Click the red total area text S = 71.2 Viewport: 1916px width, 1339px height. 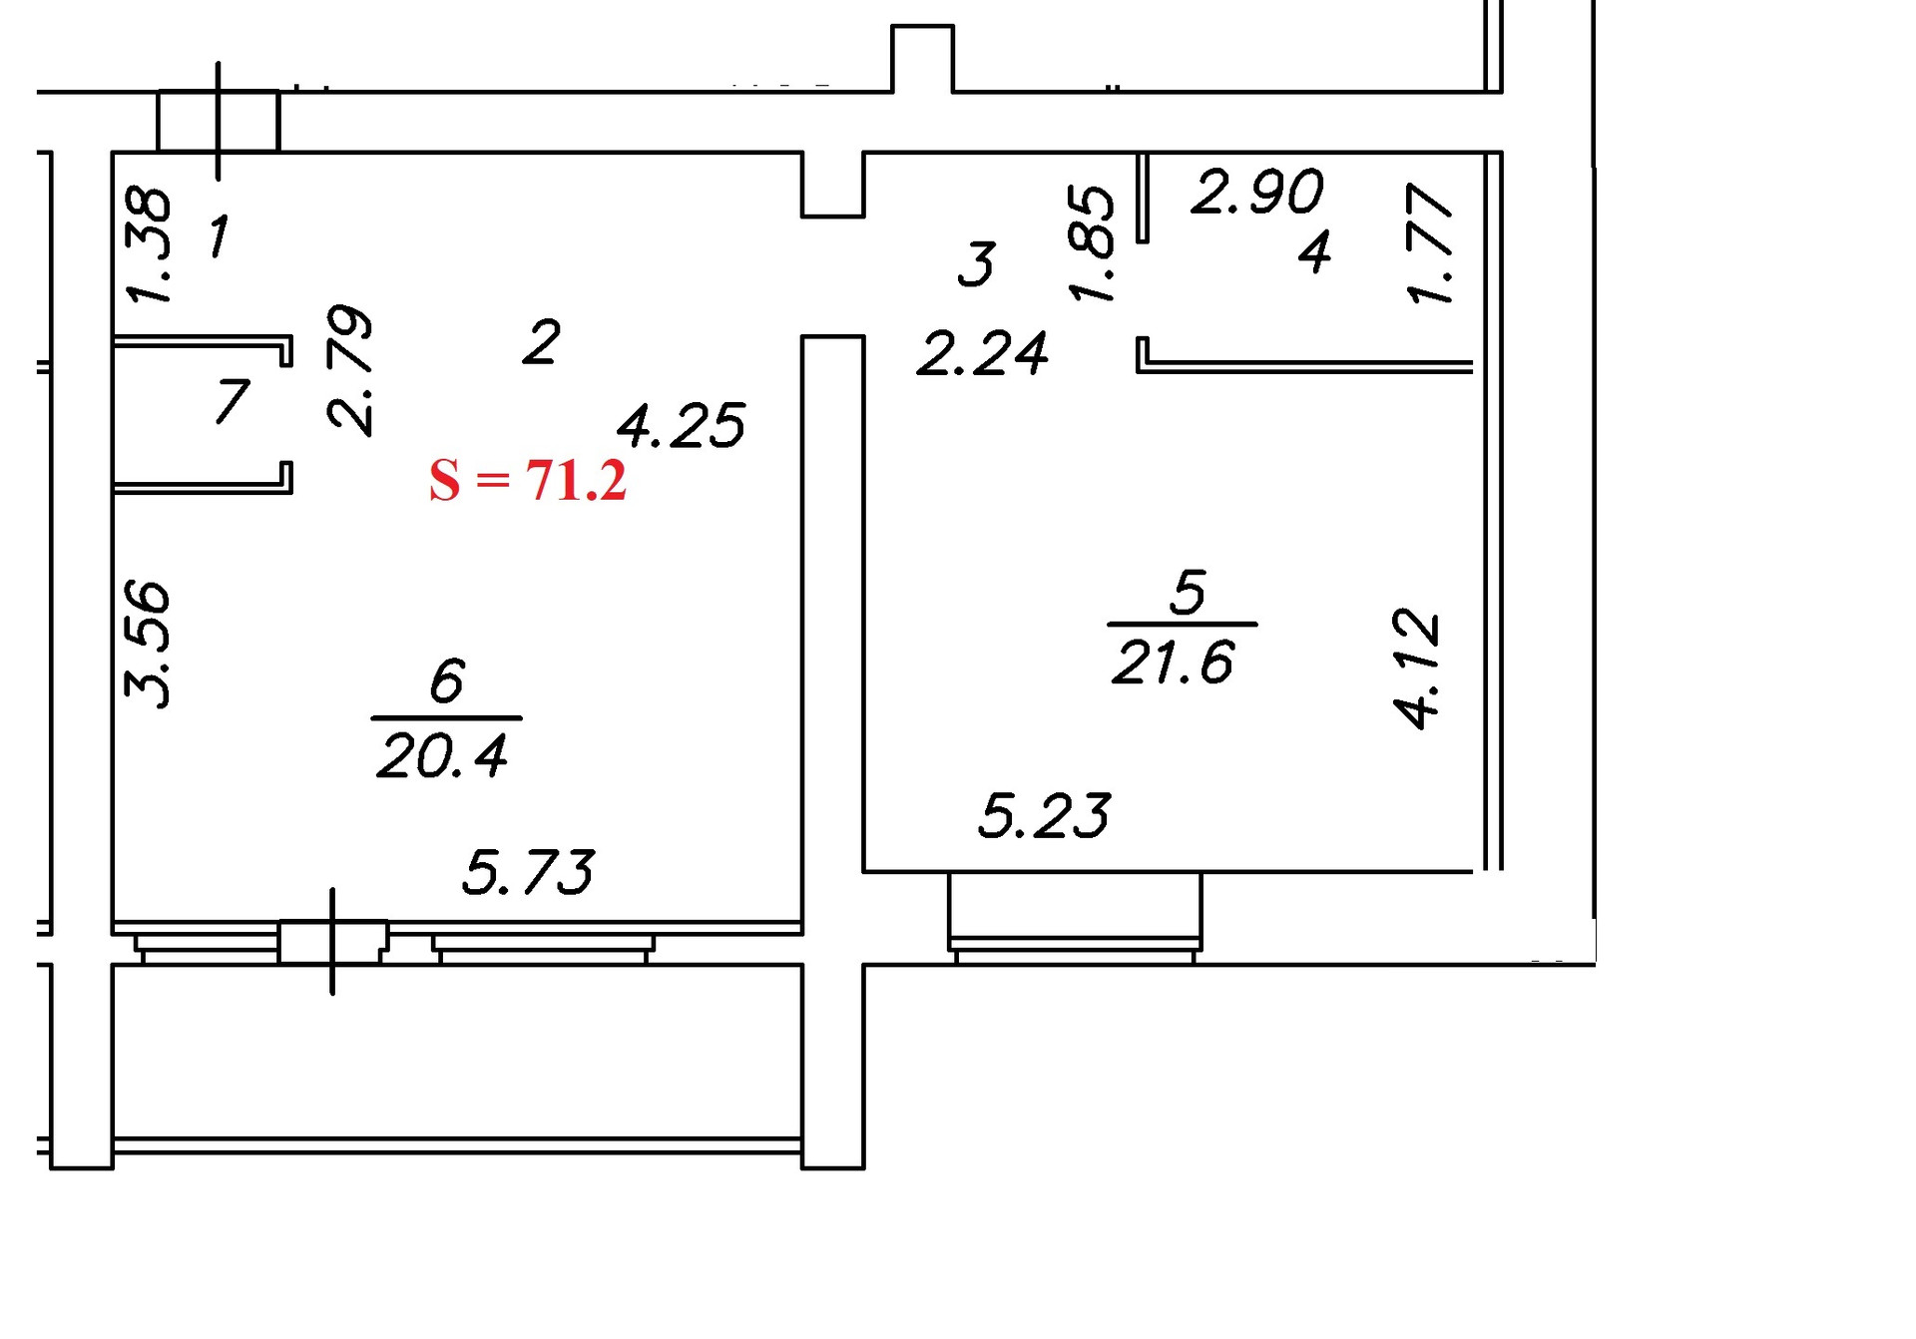click(x=528, y=481)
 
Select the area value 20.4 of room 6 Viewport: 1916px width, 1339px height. click(x=442, y=756)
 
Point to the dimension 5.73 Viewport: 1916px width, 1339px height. click(x=529, y=872)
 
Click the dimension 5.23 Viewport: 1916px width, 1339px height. click(x=1044, y=816)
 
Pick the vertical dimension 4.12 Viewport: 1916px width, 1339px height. click(x=1417, y=669)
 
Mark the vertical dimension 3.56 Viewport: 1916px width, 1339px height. click(x=148, y=644)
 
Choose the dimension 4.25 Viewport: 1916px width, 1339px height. click(x=682, y=427)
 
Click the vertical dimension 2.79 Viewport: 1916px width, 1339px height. click(x=351, y=368)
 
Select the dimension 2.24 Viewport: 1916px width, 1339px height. click(x=983, y=354)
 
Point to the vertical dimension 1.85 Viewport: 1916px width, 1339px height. click(x=1092, y=242)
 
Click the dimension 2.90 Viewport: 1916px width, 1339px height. click(x=1257, y=192)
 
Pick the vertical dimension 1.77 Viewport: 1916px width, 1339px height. click(x=1430, y=242)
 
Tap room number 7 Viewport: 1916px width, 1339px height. click(x=233, y=401)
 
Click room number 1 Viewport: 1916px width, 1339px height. click(x=219, y=236)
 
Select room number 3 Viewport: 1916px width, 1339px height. click(x=976, y=264)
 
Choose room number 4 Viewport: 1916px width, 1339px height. click(x=1315, y=251)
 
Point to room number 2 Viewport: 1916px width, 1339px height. click(x=542, y=342)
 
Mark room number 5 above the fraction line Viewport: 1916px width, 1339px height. click(x=1188, y=593)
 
